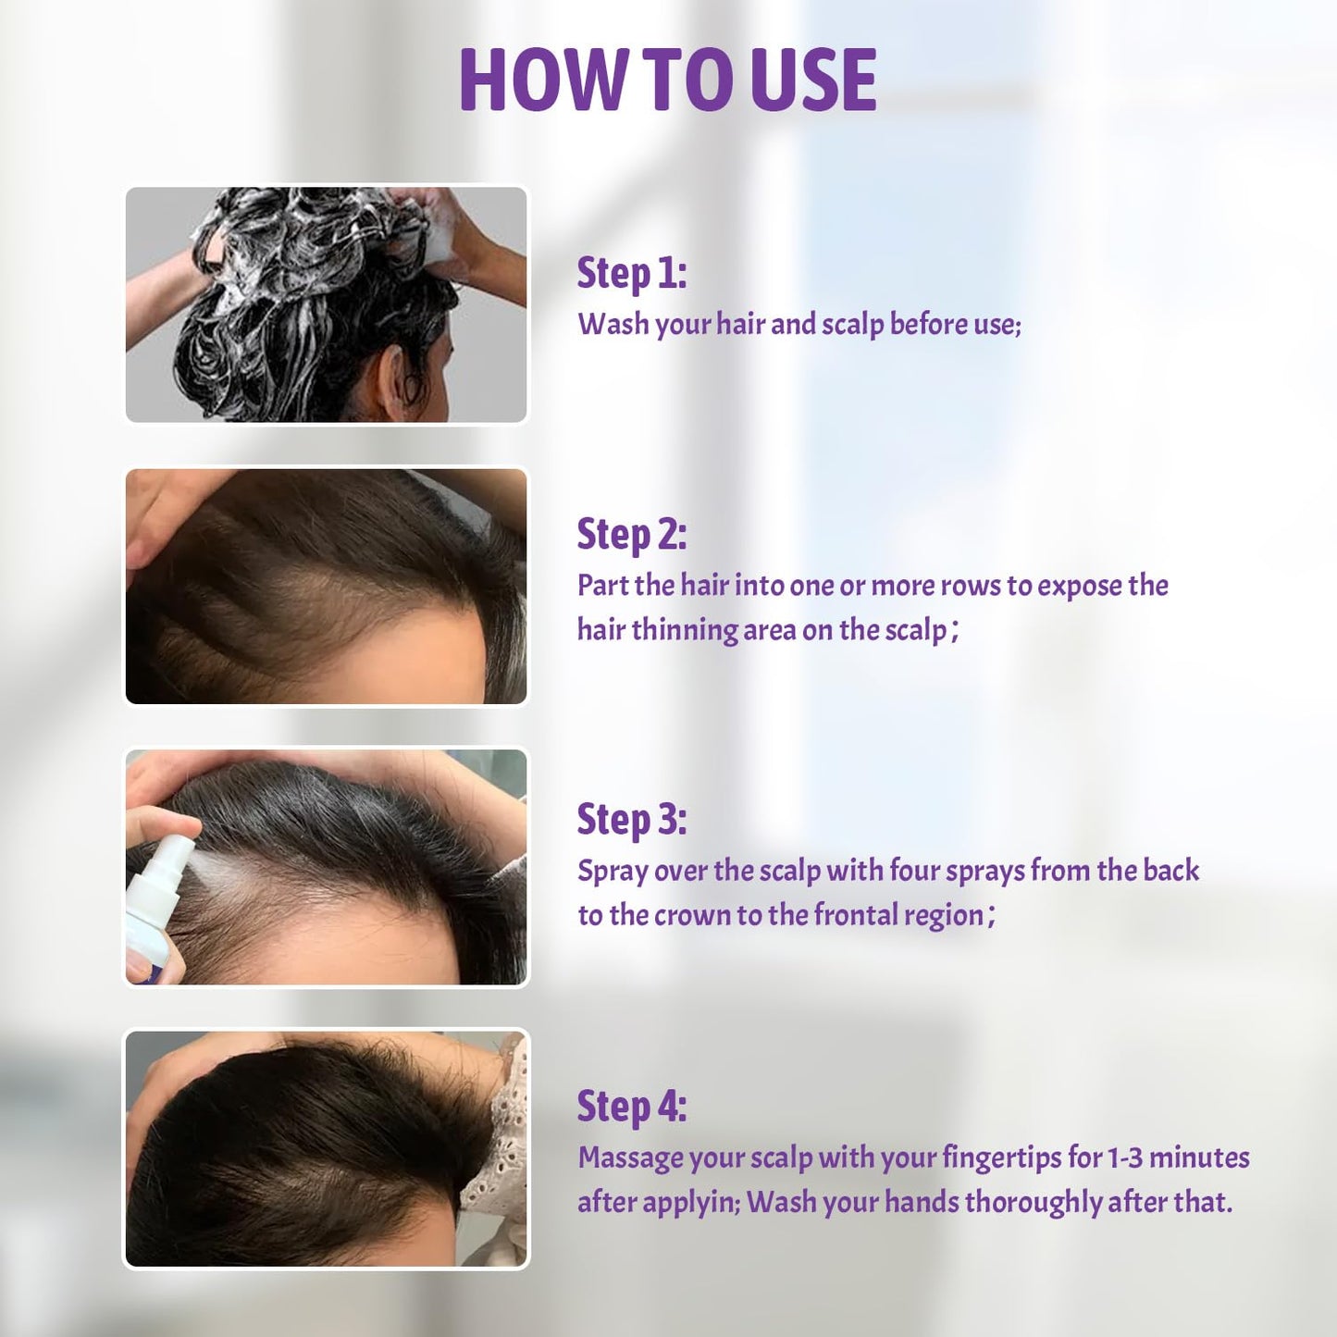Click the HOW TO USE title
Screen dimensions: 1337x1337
[x=667, y=80]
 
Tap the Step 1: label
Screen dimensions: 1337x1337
[x=632, y=273]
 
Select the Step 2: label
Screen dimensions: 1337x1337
[x=632, y=535]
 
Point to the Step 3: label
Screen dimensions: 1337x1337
[x=632, y=820]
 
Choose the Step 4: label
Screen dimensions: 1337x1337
[x=632, y=1107]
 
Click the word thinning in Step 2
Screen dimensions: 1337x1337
[x=684, y=630]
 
